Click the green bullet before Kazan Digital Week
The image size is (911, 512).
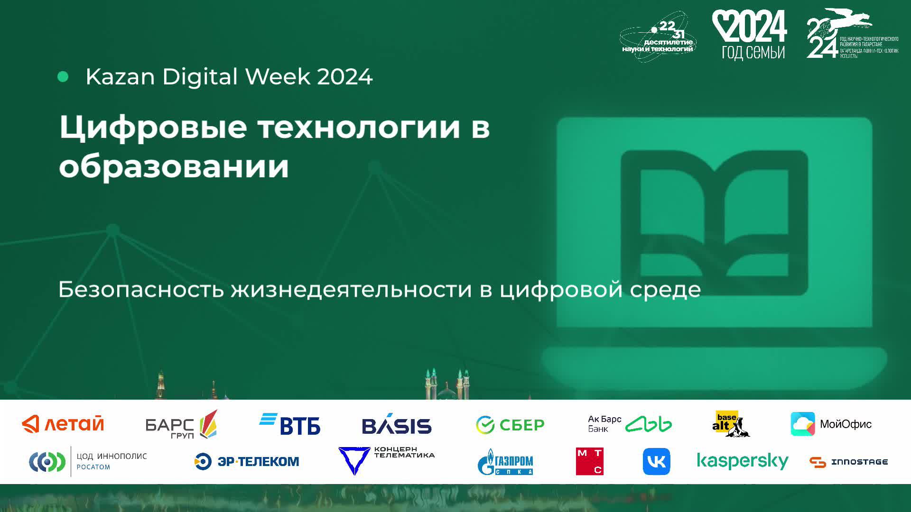click(63, 77)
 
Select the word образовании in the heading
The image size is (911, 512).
click(174, 167)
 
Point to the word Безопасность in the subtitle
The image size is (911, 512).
click(141, 289)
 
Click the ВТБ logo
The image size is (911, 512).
click(290, 424)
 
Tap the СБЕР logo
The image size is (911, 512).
click(510, 425)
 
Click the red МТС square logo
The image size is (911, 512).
click(589, 461)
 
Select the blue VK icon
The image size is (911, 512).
click(656, 461)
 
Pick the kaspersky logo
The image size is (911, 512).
click(742, 461)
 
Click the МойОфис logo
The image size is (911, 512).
click(831, 424)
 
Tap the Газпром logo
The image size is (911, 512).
click(505, 462)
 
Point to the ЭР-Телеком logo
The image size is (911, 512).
click(247, 461)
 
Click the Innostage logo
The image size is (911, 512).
click(848, 462)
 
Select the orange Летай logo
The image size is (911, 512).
click(63, 424)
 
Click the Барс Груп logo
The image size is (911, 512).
click(181, 424)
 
